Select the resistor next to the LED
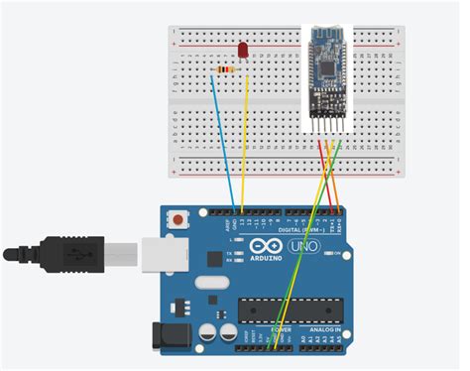[x=226, y=69]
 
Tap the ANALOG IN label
[x=324, y=328]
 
